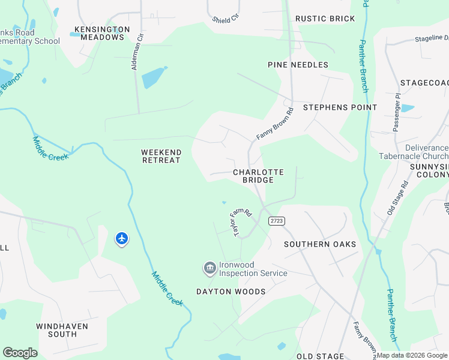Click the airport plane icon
pyautogui.click(x=122, y=239)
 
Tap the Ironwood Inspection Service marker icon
pyautogui.click(x=209, y=268)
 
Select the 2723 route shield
pyautogui.click(x=277, y=221)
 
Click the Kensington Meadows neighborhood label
pyautogui.click(x=102, y=33)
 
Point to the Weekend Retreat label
pyautogui.click(x=161, y=156)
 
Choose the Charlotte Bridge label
pyautogui.click(x=258, y=176)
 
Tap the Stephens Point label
pyautogui.click(x=340, y=107)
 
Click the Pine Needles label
pyautogui.click(x=298, y=65)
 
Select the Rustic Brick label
pyautogui.click(x=325, y=19)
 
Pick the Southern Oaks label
pyautogui.click(x=320, y=244)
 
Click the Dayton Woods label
pyautogui.click(x=231, y=292)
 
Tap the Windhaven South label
pyautogui.click(x=62, y=330)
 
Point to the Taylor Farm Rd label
pyautogui.click(x=240, y=221)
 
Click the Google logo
pyautogui.click(x=20, y=353)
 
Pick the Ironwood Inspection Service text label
pyautogui.click(x=253, y=269)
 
